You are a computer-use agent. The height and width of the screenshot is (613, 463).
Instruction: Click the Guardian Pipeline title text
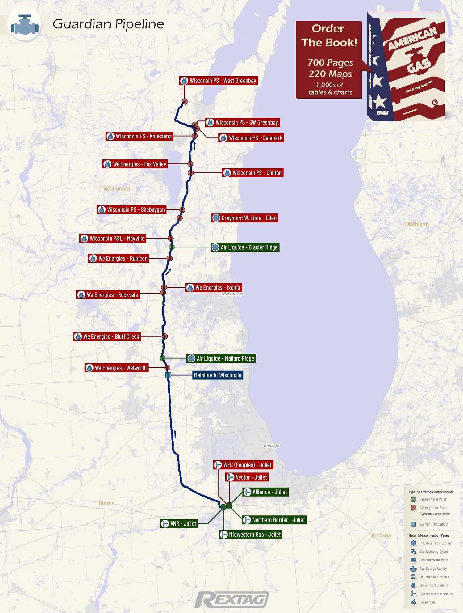(x=108, y=24)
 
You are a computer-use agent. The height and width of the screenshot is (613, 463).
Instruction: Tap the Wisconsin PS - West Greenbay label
(x=219, y=81)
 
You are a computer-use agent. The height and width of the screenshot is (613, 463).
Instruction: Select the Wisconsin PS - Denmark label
(x=251, y=138)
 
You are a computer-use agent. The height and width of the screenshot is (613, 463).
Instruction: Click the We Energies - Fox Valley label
(x=135, y=164)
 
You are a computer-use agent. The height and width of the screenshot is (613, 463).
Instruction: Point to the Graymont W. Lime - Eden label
(x=245, y=218)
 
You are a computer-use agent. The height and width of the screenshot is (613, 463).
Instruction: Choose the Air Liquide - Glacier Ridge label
(x=245, y=247)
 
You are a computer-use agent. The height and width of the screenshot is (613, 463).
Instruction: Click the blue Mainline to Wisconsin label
(x=218, y=375)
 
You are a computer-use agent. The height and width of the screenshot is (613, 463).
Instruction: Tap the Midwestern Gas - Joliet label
(x=251, y=535)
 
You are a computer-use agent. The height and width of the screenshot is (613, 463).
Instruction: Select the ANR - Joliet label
(x=179, y=523)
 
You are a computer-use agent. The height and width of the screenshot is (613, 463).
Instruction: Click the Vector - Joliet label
(x=247, y=477)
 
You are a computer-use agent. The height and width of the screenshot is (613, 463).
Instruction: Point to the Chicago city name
(x=272, y=445)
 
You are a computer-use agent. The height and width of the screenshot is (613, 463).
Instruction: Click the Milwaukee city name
(x=232, y=294)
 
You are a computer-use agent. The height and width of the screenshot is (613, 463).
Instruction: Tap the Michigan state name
(x=417, y=224)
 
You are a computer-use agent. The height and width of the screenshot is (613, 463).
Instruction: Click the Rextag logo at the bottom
(x=231, y=599)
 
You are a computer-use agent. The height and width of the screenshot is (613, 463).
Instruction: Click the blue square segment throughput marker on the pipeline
(x=168, y=375)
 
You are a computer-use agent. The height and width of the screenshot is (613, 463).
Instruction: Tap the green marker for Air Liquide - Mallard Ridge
(x=163, y=358)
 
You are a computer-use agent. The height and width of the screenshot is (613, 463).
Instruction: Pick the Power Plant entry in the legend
(x=427, y=602)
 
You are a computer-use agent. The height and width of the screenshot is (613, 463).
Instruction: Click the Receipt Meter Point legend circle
(x=413, y=499)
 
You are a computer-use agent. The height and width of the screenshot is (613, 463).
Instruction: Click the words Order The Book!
(x=329, y=36)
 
